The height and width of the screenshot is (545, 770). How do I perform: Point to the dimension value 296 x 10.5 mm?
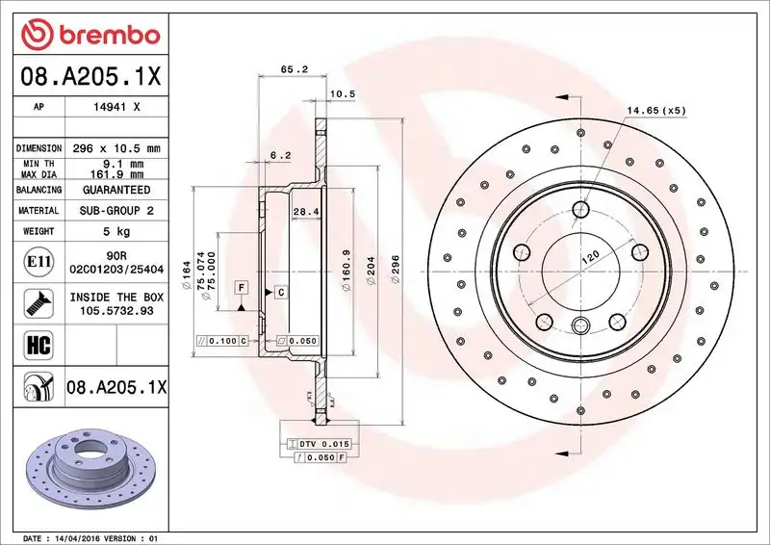click(x=116, y=148)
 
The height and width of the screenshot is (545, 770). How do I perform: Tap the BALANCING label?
click(x=38, y=191)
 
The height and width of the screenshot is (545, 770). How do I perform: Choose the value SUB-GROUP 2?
click(x=116, y=210)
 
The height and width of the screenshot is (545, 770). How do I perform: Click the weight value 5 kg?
click(x=116, y=231)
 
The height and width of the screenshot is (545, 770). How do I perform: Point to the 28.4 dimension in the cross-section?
click(x=306, y=210)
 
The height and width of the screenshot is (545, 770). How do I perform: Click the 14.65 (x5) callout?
click(x=655, y=111)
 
